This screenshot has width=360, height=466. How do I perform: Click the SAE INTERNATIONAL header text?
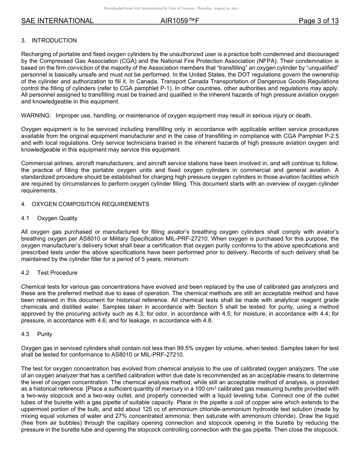click(x=57, y=21)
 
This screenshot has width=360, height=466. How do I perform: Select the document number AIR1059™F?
click(x=180, y=21)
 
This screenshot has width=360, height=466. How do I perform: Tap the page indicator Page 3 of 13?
click(x=318, y=21)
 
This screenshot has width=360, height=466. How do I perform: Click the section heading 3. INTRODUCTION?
click(x=49, y=41)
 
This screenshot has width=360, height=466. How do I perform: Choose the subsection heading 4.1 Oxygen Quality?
click(x=50, y=218)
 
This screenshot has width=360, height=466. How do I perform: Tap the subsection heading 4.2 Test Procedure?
click(x=50, y=273)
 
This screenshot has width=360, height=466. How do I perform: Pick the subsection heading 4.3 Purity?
click(x=37, y=334)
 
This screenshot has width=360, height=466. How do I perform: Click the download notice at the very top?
click(x=171, y=8)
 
